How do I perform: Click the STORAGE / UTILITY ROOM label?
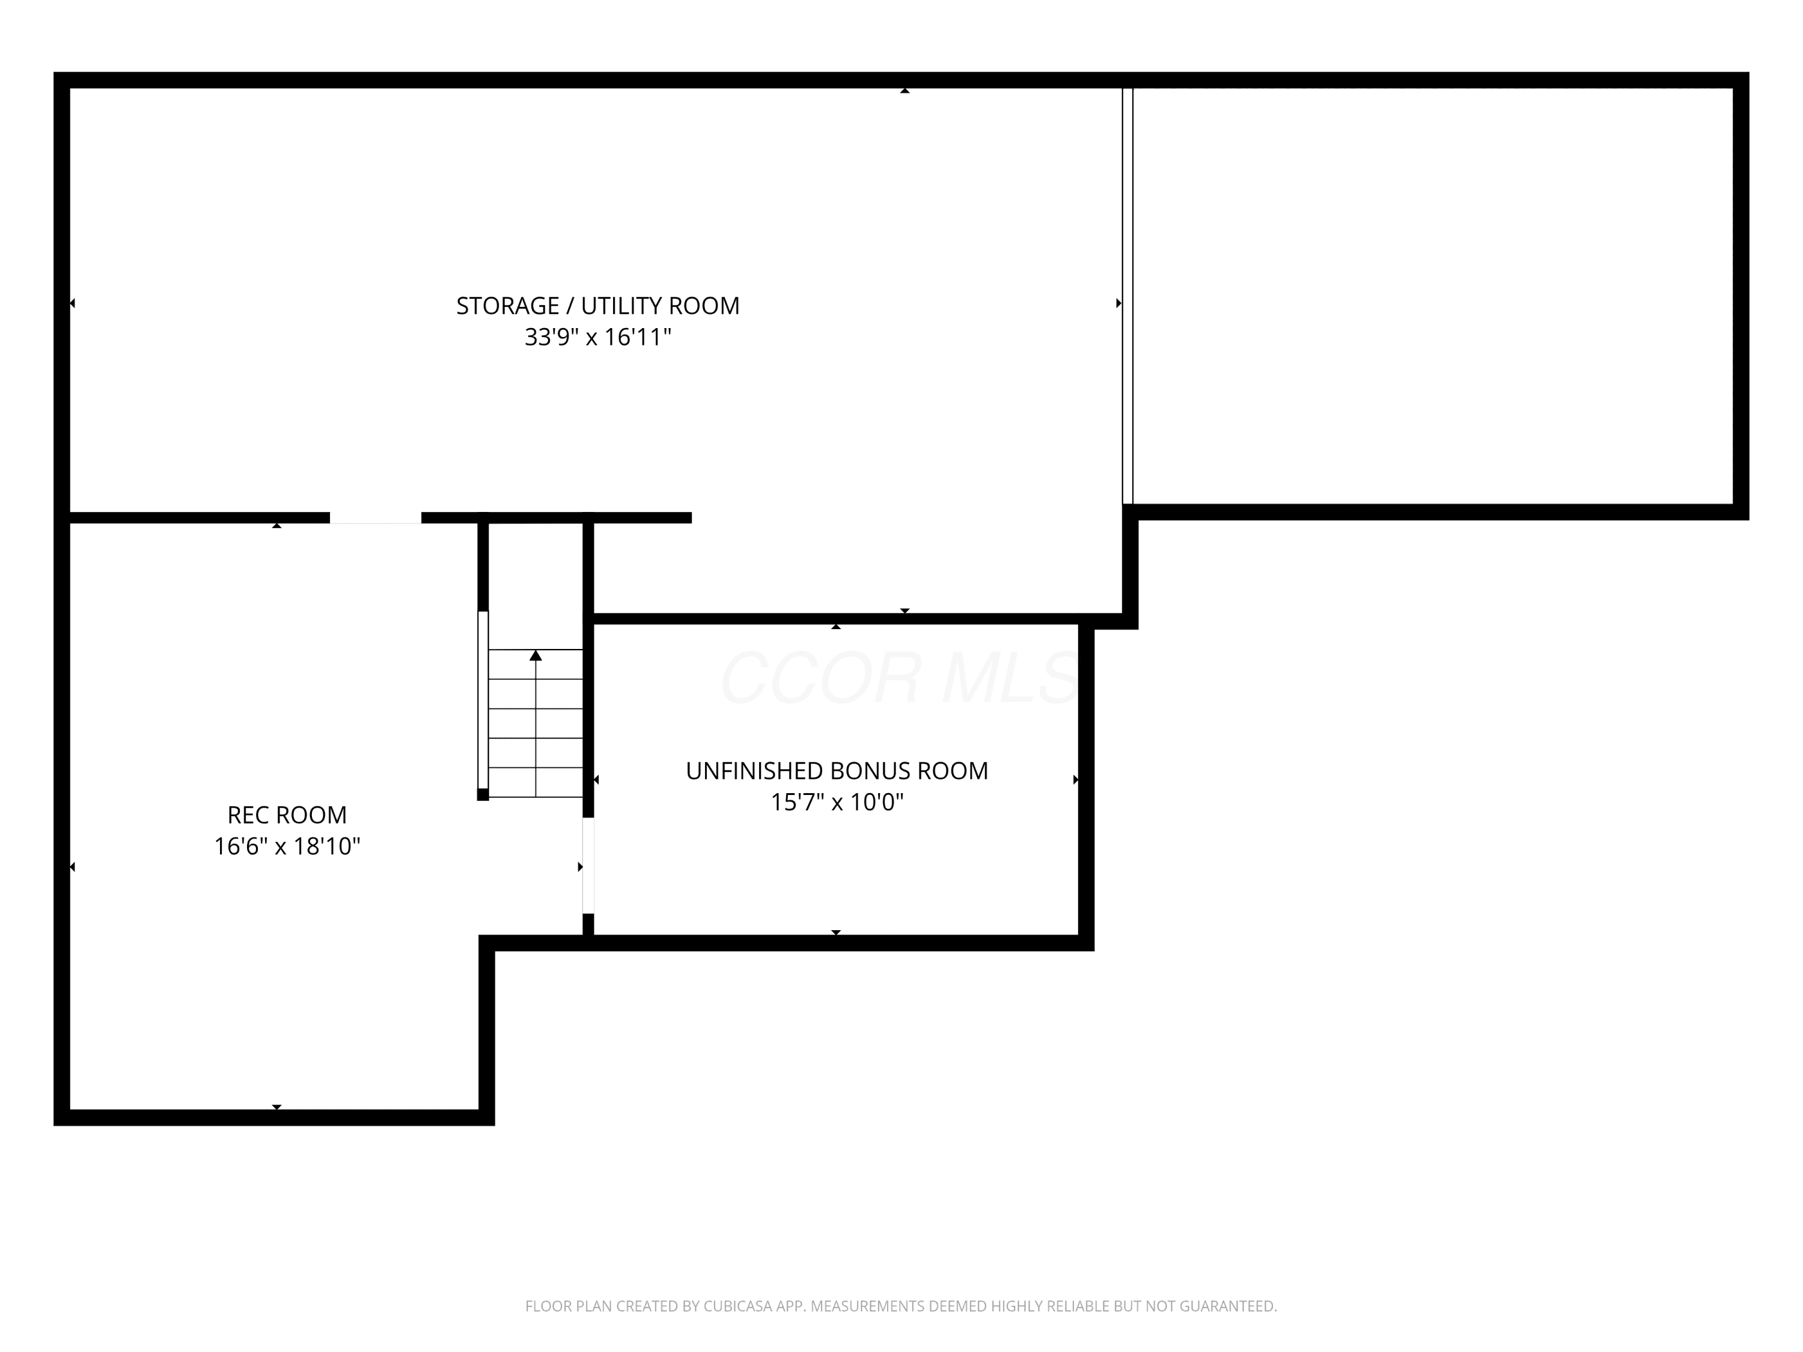(x=597, y=306)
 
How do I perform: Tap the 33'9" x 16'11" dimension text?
(x=597, y=336)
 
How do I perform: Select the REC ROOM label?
(x=287, y=815)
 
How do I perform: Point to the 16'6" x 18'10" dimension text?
(x=287, y=846)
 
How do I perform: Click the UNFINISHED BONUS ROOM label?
(x=837, y=771)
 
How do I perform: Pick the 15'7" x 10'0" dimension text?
(x=837, y=802)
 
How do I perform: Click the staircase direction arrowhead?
(x=535, y=655)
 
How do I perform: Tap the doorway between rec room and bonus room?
(x=588, y=865)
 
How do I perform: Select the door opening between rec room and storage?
(x=376, y=519)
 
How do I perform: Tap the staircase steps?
(x=535, y=723)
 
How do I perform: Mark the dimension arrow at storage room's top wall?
(x=905, y=91)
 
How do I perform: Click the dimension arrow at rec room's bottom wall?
(x=277, y=1107)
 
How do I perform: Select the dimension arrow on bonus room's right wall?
(x=1076, y=780)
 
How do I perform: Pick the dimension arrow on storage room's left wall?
(x=73, y=303)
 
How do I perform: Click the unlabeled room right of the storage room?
(x=1432, y=296)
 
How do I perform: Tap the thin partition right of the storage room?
(x=1128, y=296)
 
